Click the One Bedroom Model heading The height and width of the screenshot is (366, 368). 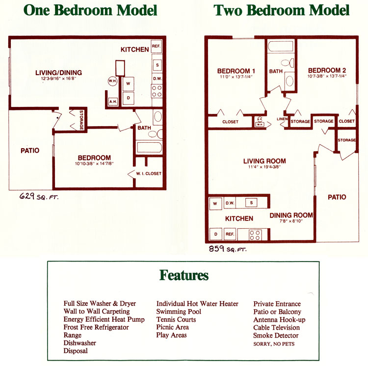click(x=90, y=10)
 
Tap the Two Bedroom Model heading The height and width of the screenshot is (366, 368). click(x=281, y=10)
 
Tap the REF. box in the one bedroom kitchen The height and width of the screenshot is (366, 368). click(x=157, y=47)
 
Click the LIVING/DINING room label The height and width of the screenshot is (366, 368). click(x=58, y=73)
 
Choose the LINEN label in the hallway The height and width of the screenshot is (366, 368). click(x=281, y=119)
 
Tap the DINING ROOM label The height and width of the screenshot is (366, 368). click(x=291, y=215)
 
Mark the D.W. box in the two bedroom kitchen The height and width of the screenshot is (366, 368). click(x=230, y=202)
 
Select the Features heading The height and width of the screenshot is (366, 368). click(x=184, y=275)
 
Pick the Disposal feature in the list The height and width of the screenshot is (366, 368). click(x=76, y=351)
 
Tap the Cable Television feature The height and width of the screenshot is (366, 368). click(x=276, y=327)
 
